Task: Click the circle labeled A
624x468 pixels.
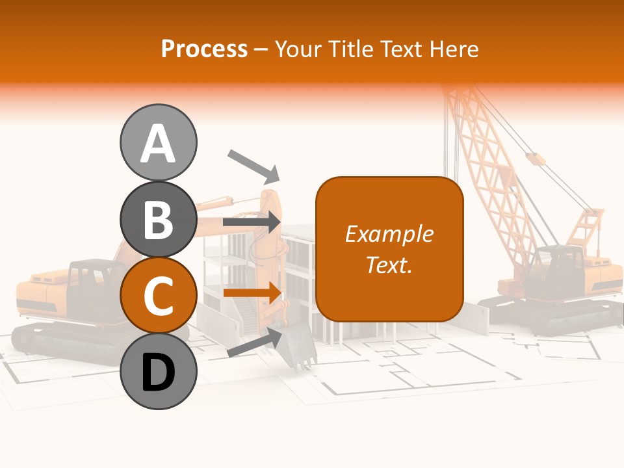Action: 158,142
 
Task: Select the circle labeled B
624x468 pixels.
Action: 158,219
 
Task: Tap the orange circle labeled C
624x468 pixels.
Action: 158,295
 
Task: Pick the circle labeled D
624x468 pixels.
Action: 158,371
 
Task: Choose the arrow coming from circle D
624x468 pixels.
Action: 253,343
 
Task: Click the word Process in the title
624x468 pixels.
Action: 204,49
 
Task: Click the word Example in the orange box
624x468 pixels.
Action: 389,234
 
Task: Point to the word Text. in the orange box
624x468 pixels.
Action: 389,265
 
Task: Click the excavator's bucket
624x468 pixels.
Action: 297,348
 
